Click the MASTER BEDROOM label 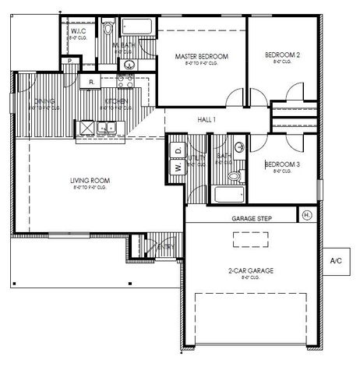tap(201, 56)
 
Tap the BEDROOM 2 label tap(282, 55)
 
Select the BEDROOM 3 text tap(281, 164)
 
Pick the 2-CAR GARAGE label tap(250, 270)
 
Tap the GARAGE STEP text tap(251, 219)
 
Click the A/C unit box tap(337, 260)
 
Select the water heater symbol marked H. tap(306, 214)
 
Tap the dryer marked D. tap(178, 149)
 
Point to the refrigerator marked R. tap(92, 81)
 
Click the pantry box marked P tap(70, 61)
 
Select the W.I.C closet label tap(76, 32)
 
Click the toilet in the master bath tap(108, 29)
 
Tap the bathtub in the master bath tap(138, 29)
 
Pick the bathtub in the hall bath tap(227, 194)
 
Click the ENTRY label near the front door tap(166, 247)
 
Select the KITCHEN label tap(117, 101)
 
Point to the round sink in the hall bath tap(239, 147)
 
